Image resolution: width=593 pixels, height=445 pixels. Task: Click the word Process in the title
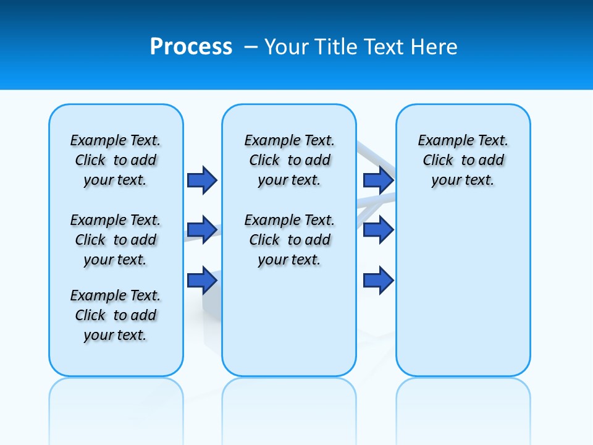pos(191,47)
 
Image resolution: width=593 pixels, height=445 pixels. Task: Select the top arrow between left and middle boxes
pos(202,180)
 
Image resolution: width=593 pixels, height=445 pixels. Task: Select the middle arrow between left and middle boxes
pos(202,230)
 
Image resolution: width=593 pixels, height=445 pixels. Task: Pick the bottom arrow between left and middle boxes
pos(202,280)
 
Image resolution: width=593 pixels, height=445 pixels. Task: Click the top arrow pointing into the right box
pos(378,180)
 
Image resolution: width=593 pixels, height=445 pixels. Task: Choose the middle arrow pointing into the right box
pos(378,230)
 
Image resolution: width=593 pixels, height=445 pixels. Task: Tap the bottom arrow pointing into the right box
pos(378,280)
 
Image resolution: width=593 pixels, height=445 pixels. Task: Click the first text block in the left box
pos(116,160)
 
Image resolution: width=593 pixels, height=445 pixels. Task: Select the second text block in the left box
pos(116,240)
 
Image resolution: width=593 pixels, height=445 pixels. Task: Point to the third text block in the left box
pos(116,315)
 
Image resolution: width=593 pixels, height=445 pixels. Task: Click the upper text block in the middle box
pos(289,160)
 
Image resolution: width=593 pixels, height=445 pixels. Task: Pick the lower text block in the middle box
pos(289,240)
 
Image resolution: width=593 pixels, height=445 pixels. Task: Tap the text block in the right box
pos(463,160)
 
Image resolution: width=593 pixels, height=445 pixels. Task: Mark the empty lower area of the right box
pos(463,290)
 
